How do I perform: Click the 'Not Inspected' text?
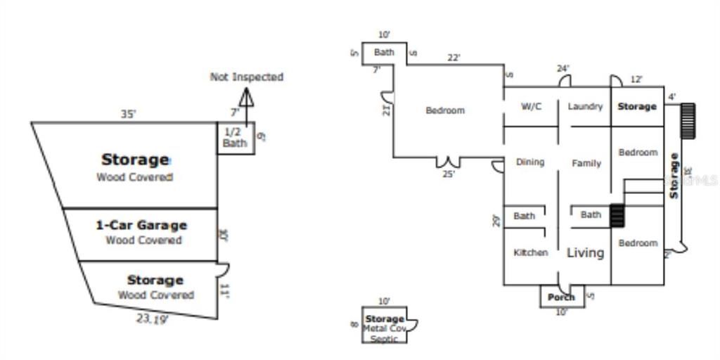246,77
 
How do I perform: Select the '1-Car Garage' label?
141,226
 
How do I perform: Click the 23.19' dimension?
152,319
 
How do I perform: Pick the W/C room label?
531,107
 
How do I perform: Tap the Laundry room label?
585,107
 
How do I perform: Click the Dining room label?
530,162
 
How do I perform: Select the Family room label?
586,163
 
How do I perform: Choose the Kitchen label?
530,252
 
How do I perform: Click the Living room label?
585,252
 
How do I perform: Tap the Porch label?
561,297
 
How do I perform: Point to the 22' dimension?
454,58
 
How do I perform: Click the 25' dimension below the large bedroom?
448,174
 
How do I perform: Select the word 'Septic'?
384,339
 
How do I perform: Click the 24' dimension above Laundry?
562,69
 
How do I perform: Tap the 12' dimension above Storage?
636,79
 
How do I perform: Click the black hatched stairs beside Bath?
617,215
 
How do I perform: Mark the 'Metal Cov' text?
384,328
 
